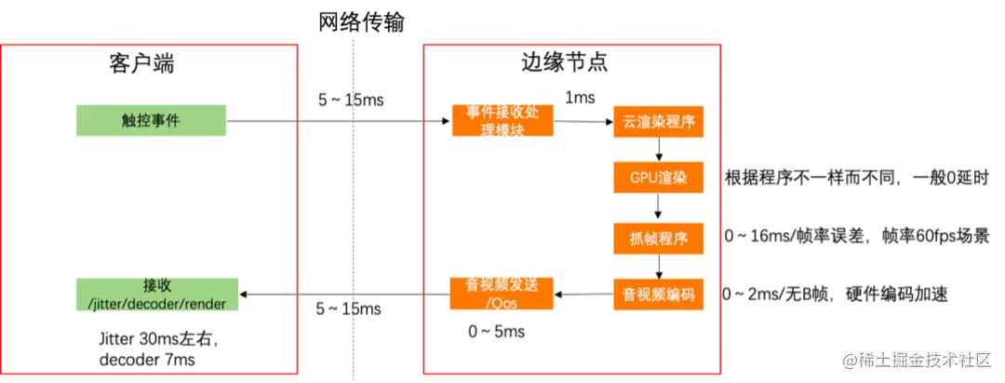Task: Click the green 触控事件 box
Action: [152, 120]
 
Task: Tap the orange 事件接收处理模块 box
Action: [502, 120]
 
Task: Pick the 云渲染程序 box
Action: [659, 121]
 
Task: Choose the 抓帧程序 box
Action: [659, 238]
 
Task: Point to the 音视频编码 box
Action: [659, 295]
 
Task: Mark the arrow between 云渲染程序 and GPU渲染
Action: [659, 149]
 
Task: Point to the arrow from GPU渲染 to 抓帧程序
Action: [659, 208]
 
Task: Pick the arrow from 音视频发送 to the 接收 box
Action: [344, 295]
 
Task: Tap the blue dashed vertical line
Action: [353, 233]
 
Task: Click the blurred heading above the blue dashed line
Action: [360, 22]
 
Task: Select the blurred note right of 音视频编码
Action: [837, 295]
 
